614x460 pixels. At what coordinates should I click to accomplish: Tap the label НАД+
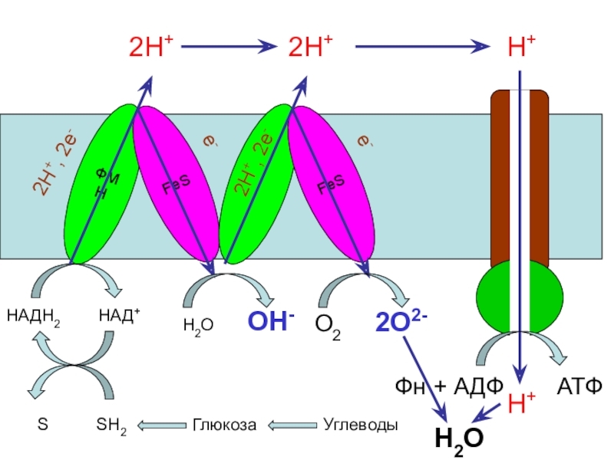[120, 314]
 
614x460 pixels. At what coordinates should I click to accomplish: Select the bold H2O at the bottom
[458, 439]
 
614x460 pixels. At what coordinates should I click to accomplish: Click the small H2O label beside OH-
[198, 326]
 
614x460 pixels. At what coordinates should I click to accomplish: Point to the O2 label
[328, 326]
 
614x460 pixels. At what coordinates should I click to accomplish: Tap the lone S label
[42, 424]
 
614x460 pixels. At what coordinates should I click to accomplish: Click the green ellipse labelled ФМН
[96, 184]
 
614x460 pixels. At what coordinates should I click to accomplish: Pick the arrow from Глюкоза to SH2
[160, 424]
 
